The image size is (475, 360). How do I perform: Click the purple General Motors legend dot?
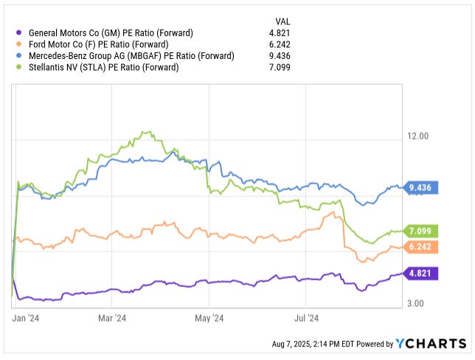click(18, 32)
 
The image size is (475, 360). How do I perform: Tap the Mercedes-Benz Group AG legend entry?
click(131, 56)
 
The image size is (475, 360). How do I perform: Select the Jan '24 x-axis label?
click(25, 319)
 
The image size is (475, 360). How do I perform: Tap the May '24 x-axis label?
click(209, 319)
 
